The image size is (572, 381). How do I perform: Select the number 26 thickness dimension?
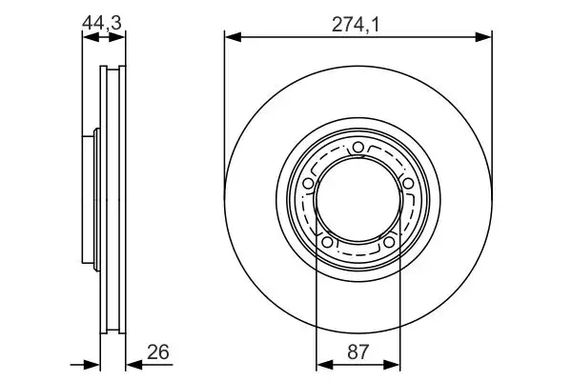pyautogui.click(x=158, y=353)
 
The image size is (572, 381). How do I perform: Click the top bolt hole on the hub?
pyautogui.click(x=358, y=147)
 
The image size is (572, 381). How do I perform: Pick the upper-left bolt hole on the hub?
pyautogui.click(x=309, y=183)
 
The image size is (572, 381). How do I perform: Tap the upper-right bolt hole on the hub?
pyautogui.click(x=407, y=183)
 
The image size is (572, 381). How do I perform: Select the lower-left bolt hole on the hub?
pyautogui.click(x=328, y=242)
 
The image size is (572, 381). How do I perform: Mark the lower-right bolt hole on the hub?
pyautogui.click(x=389, y=242)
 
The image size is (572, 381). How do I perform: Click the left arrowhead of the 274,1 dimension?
pyautogui.click(x=231, y=37)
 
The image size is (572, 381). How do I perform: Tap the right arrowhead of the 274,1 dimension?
pyautogui.click(x=486, y=37)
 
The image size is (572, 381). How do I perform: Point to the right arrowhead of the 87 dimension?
pyautogui.click(x=393, y=362)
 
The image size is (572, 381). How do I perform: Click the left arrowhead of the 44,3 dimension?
pyautogui.click(x=88, y=37)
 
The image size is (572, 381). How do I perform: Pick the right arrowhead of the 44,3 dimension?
pyautogui.click(x=119, y=37)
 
